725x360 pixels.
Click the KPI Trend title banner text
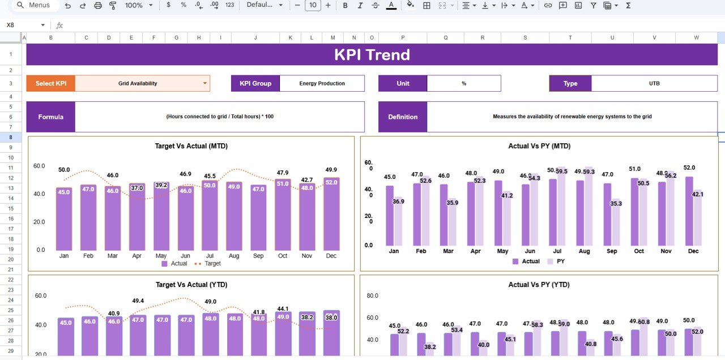point(372,55)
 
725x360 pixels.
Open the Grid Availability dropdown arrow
point(204,83)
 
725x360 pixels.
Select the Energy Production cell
point(322,83)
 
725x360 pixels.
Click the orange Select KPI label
point(50,83)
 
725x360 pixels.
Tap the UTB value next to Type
point(654,83)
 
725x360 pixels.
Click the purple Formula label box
point(50,117)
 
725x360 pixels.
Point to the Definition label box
point(402,117)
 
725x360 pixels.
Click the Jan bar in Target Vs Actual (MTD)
point(64,218)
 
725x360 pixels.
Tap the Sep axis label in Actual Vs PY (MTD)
point(612,251)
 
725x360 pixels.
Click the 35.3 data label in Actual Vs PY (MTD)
point(616,204)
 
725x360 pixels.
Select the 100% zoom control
point(138,5)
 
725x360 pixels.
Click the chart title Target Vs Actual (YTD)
point(191,285)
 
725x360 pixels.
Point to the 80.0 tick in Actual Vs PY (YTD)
point(372,295)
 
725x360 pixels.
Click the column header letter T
point(570,38)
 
